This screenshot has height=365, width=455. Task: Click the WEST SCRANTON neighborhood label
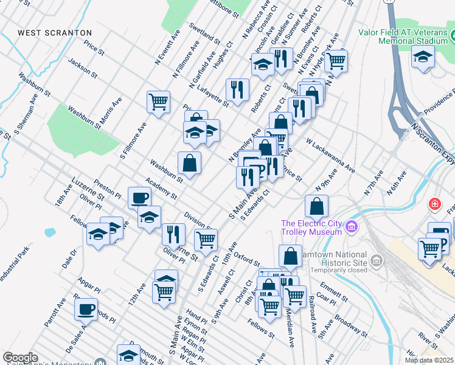click(55, 32)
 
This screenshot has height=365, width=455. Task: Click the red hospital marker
click(434, 203)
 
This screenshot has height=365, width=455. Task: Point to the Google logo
click(20, 357)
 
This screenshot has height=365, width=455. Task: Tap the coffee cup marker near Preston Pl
click(140, 198)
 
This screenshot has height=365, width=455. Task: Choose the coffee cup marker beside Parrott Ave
click(86, 308)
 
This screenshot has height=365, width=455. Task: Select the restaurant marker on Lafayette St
click(237, 89)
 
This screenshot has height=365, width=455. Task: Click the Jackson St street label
click(83, 68)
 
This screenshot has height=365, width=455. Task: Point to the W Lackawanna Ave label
click(330, 155)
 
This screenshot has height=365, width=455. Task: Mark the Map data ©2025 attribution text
click(429, 360)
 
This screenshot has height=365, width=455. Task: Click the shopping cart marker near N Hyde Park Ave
click(335, 60)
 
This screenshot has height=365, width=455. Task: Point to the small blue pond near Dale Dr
click(49, 232)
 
